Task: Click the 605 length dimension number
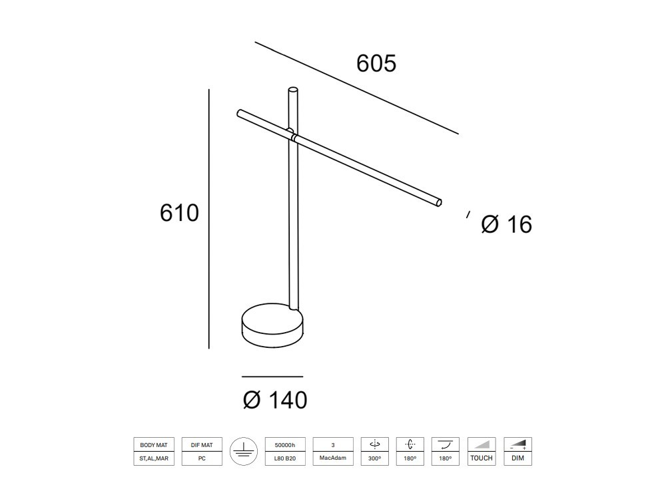[376, 63]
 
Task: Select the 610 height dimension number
[179, 213]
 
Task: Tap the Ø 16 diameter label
[506, 225]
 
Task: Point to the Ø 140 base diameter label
[275, 400]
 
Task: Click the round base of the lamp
[272, 326]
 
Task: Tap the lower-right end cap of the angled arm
[438, 202]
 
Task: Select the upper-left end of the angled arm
[240, 113]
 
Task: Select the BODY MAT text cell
[154, 444]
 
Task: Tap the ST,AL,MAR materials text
[154, 458]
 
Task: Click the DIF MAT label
[202, 444]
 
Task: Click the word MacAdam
[332, 458]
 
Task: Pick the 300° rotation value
[374, 458]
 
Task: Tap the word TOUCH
[482, 458]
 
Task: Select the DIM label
[517, 458]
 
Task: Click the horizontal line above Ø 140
[272, 377]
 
